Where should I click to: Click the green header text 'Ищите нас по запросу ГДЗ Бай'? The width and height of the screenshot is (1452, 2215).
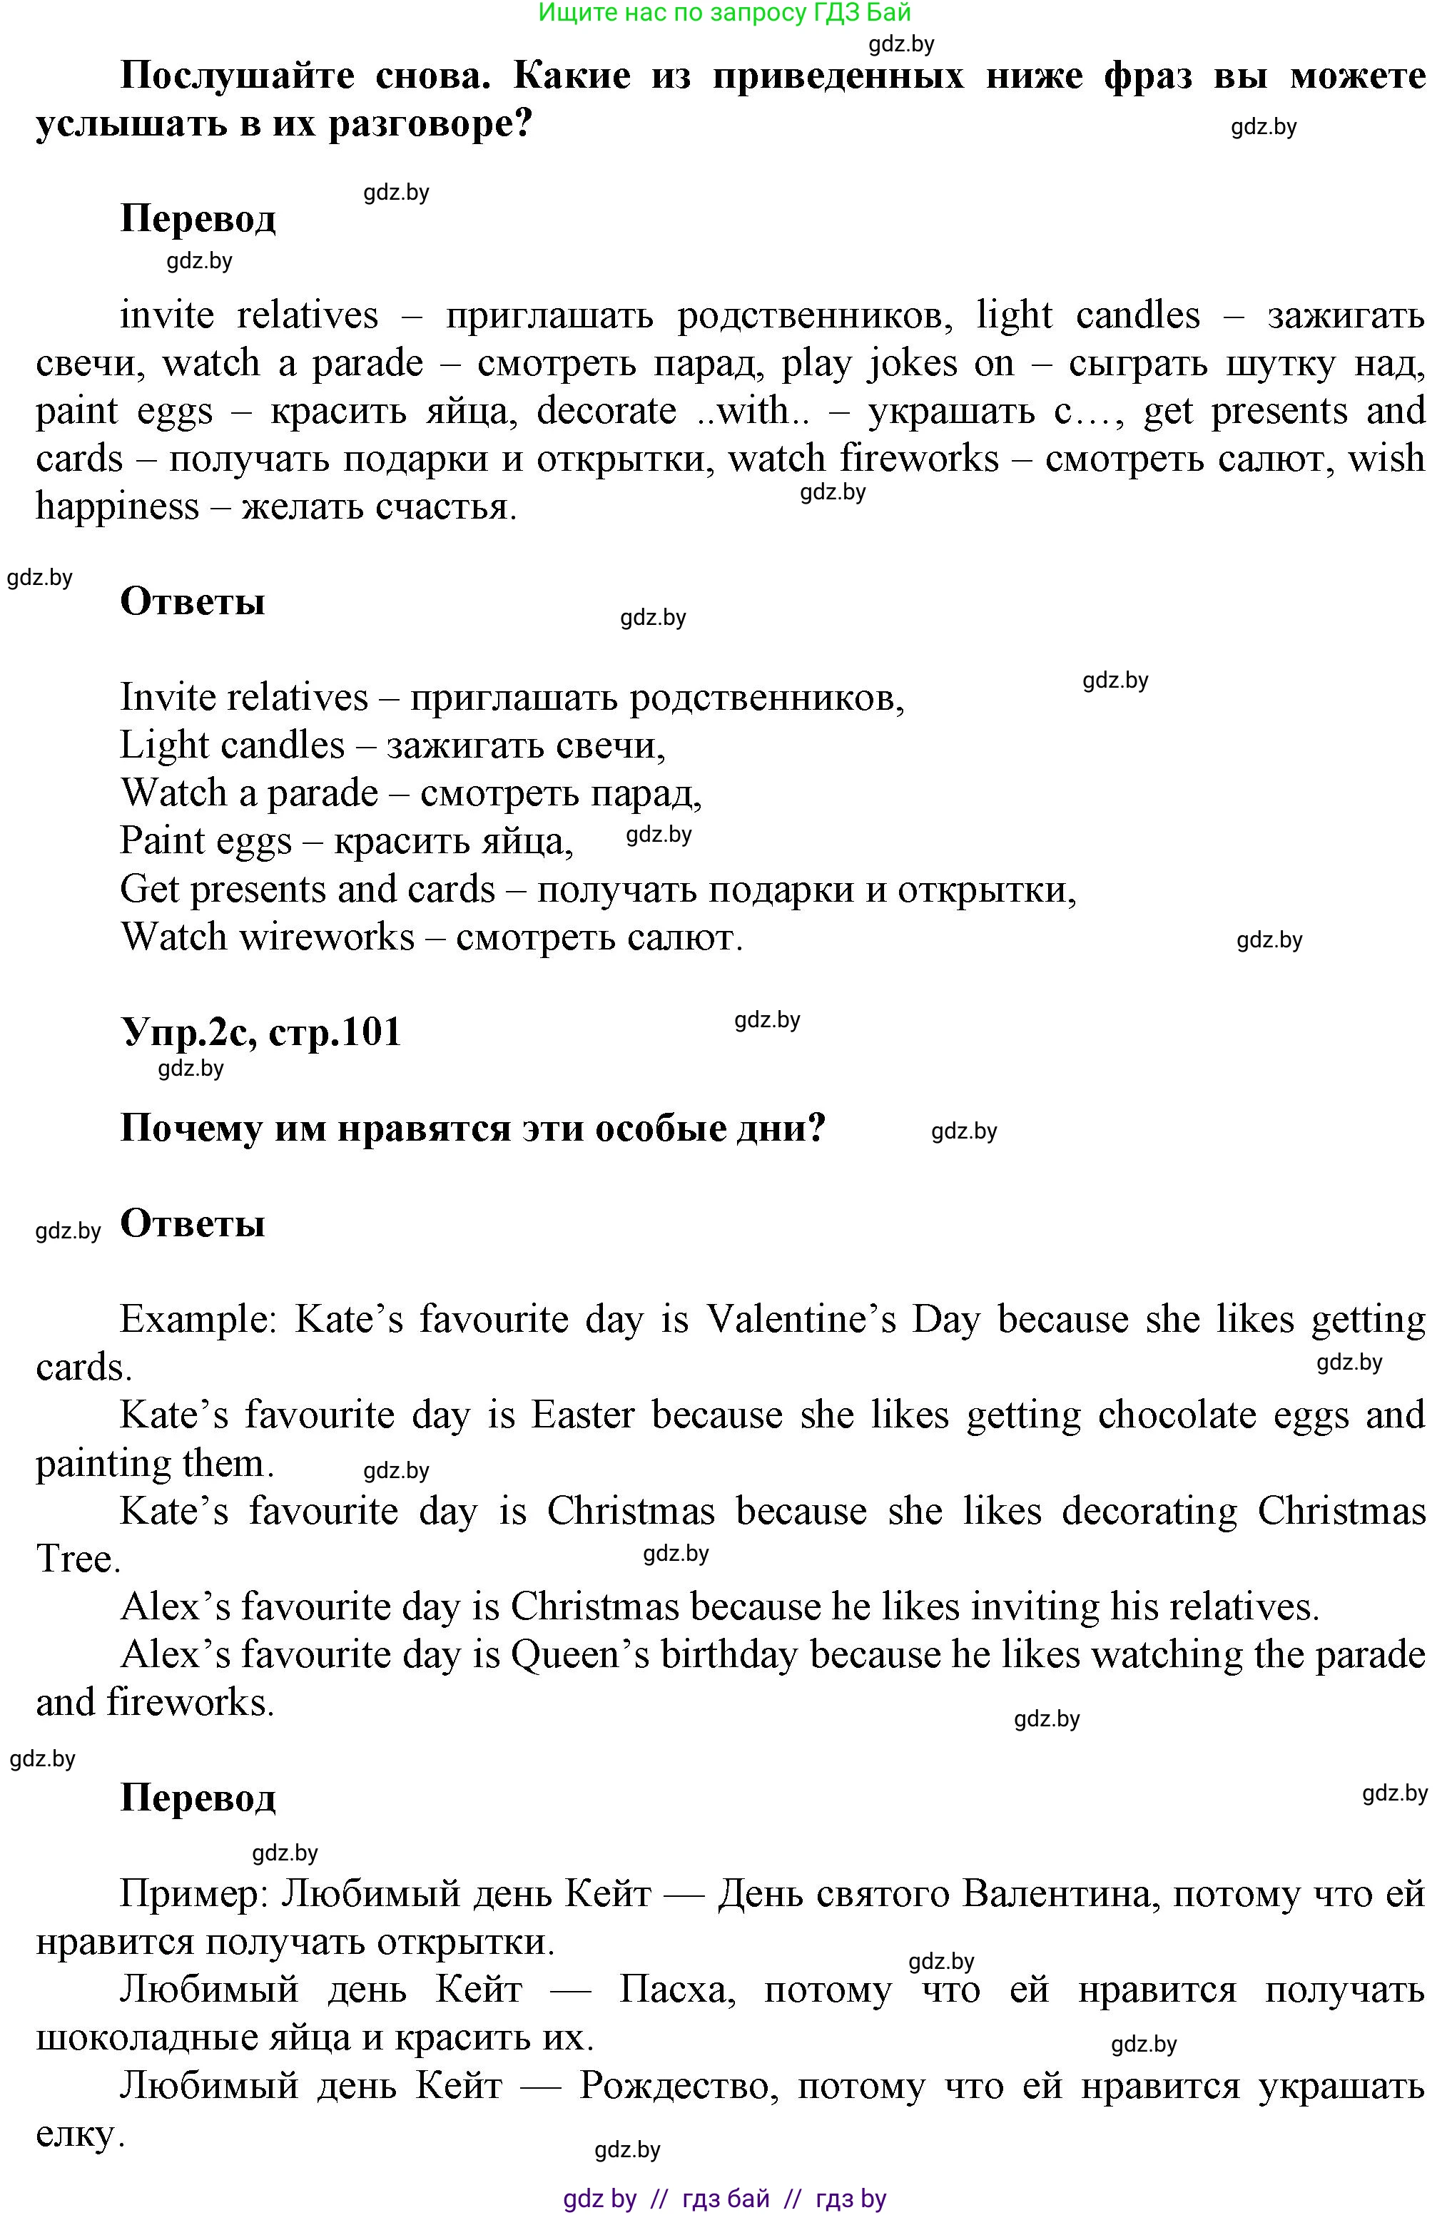[x=724, y=13]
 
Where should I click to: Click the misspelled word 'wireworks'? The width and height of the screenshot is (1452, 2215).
[x=327, y=937]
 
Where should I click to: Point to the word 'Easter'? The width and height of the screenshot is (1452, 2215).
[x=583, y=1415]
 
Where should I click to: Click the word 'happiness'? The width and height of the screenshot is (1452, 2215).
[x=117, y=507]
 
